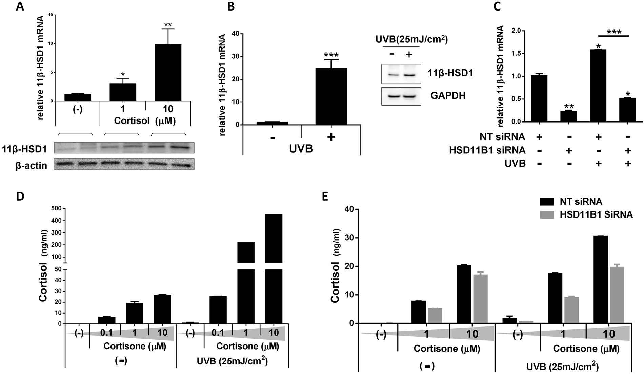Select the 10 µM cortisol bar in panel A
168,73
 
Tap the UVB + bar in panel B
331,96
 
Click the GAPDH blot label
448,96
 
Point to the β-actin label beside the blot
31,165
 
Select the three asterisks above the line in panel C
614,32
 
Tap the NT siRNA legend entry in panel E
580,202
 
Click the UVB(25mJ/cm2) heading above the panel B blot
411,39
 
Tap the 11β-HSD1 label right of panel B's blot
452,73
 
